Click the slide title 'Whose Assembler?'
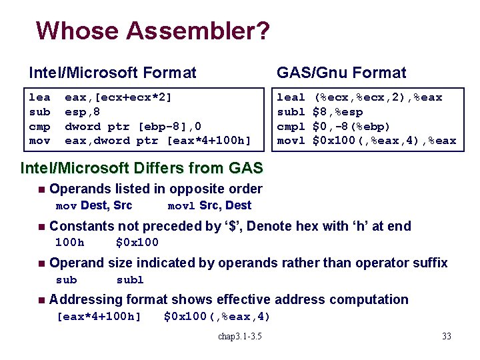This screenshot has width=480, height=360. (x=153, y=31)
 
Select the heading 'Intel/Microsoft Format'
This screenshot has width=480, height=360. (x=112, y=72)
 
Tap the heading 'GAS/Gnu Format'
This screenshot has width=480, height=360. (x=341, y=72)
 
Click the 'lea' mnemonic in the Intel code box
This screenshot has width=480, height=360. (x=39, y=97)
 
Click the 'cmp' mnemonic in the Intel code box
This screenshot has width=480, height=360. (x=39, y=126)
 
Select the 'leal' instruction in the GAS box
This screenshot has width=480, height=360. (x=291, y=97)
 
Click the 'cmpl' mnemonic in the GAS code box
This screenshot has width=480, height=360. (x=291, y=126)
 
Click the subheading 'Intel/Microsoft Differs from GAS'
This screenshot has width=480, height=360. (x=142, y=167)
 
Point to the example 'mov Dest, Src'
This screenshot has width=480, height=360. (x=93, y=205)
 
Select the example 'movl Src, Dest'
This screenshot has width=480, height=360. (x=209, y=205)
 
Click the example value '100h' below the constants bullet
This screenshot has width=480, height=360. (x=69, y=242)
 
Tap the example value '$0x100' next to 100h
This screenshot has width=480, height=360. (x=137, y=242)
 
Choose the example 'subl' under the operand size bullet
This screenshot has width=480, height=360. (x=130, y=279)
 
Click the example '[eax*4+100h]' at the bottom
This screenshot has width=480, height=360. (x=99, y=316)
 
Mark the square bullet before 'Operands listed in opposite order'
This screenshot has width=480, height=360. (x=42, y=190)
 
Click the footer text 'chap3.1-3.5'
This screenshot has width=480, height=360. (x=240, y=335)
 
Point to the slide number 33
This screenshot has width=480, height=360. (x=446, y=335)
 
